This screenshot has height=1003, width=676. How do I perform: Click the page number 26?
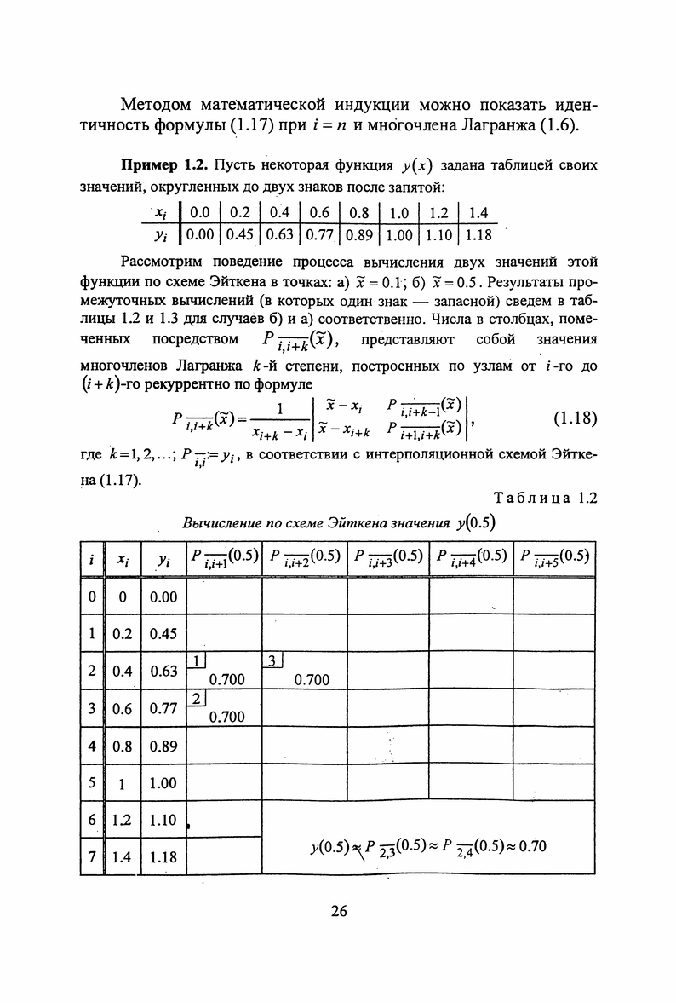[x=338, y=911]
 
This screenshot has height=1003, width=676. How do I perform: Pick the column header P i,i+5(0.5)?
[x=553, y=558]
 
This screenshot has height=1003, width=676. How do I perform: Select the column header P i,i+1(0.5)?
[x=224, y=558]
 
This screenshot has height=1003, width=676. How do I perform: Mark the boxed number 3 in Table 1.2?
[x=272, y=660]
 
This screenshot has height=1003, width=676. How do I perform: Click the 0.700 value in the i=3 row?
[x=226, y=717]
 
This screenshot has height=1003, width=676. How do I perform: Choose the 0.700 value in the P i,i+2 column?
[x=310, y=679]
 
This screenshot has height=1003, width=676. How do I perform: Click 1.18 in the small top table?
[x=479, y=233]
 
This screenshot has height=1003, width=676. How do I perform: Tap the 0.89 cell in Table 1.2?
[x=163, y=746]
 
